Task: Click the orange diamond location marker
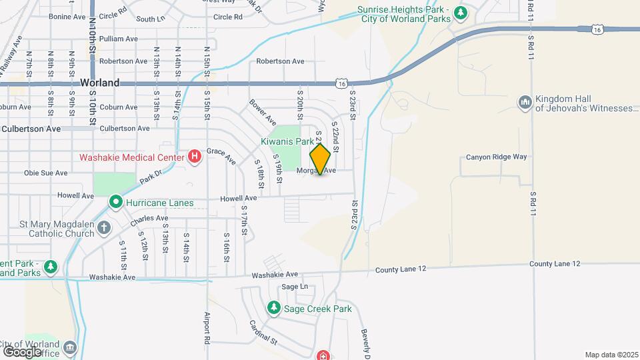[321, 159]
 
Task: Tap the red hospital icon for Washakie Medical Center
[194, 157]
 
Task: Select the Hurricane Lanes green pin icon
[115, 201]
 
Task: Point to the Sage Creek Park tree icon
[273, 308]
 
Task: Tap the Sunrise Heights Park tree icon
[460, 13]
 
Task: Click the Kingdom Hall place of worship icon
[525, 103]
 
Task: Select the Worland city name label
[99, 83]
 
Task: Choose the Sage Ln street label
[295, 287]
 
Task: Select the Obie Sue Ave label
[46, 173]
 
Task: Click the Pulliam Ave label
[121, 39]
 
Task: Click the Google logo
[22, 351]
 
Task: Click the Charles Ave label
[149, 219]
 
